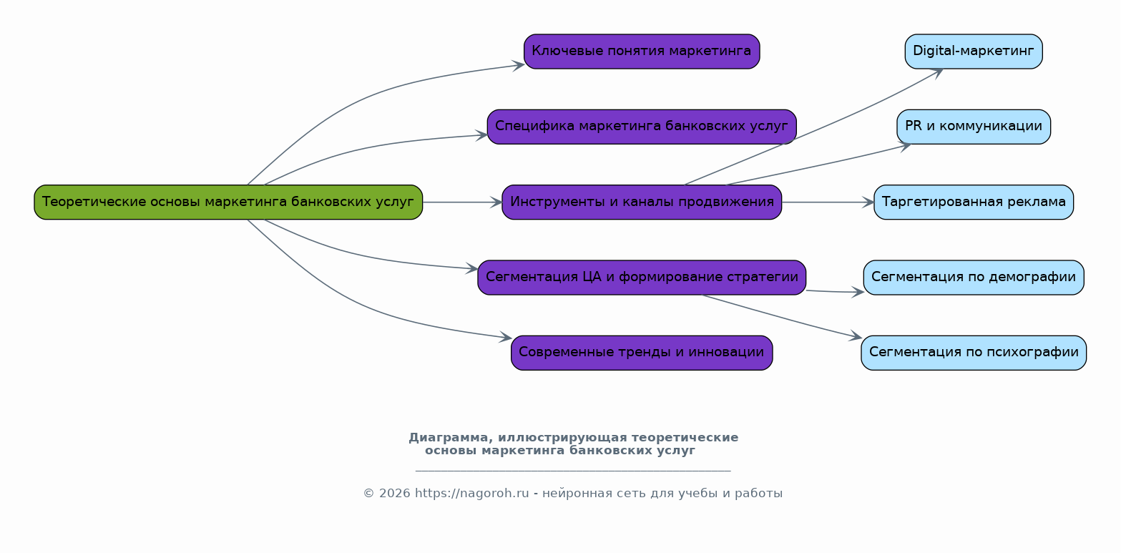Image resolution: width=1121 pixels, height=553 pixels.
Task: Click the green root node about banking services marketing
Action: (x=228, y=202)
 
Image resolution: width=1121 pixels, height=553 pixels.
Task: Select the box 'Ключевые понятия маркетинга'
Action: (x=642, y=52)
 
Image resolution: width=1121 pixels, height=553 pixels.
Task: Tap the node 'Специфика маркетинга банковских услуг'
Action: (x=642, y=127)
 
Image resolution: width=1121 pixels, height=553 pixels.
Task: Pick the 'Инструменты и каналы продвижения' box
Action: (x=642, y=202)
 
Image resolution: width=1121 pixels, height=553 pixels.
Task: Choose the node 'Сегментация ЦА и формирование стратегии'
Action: (x=642, y=278)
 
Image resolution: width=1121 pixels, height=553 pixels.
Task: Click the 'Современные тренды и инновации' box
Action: (x=642, y=353)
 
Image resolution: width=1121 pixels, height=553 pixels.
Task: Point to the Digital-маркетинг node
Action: (x=973, y=52)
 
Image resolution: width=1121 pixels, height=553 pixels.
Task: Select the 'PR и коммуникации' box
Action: (x=973, y=127)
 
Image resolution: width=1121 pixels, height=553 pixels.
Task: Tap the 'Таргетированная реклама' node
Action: (x=973, y=202)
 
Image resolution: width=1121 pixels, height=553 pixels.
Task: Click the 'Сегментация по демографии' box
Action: (x=973, y=278)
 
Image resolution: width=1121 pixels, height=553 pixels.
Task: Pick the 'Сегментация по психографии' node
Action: (x=973, y=353)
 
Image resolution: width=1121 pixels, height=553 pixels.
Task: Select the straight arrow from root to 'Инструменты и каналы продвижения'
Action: (x=461, y=202)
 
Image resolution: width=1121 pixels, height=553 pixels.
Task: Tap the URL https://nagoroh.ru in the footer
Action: (x=471, y=494)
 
